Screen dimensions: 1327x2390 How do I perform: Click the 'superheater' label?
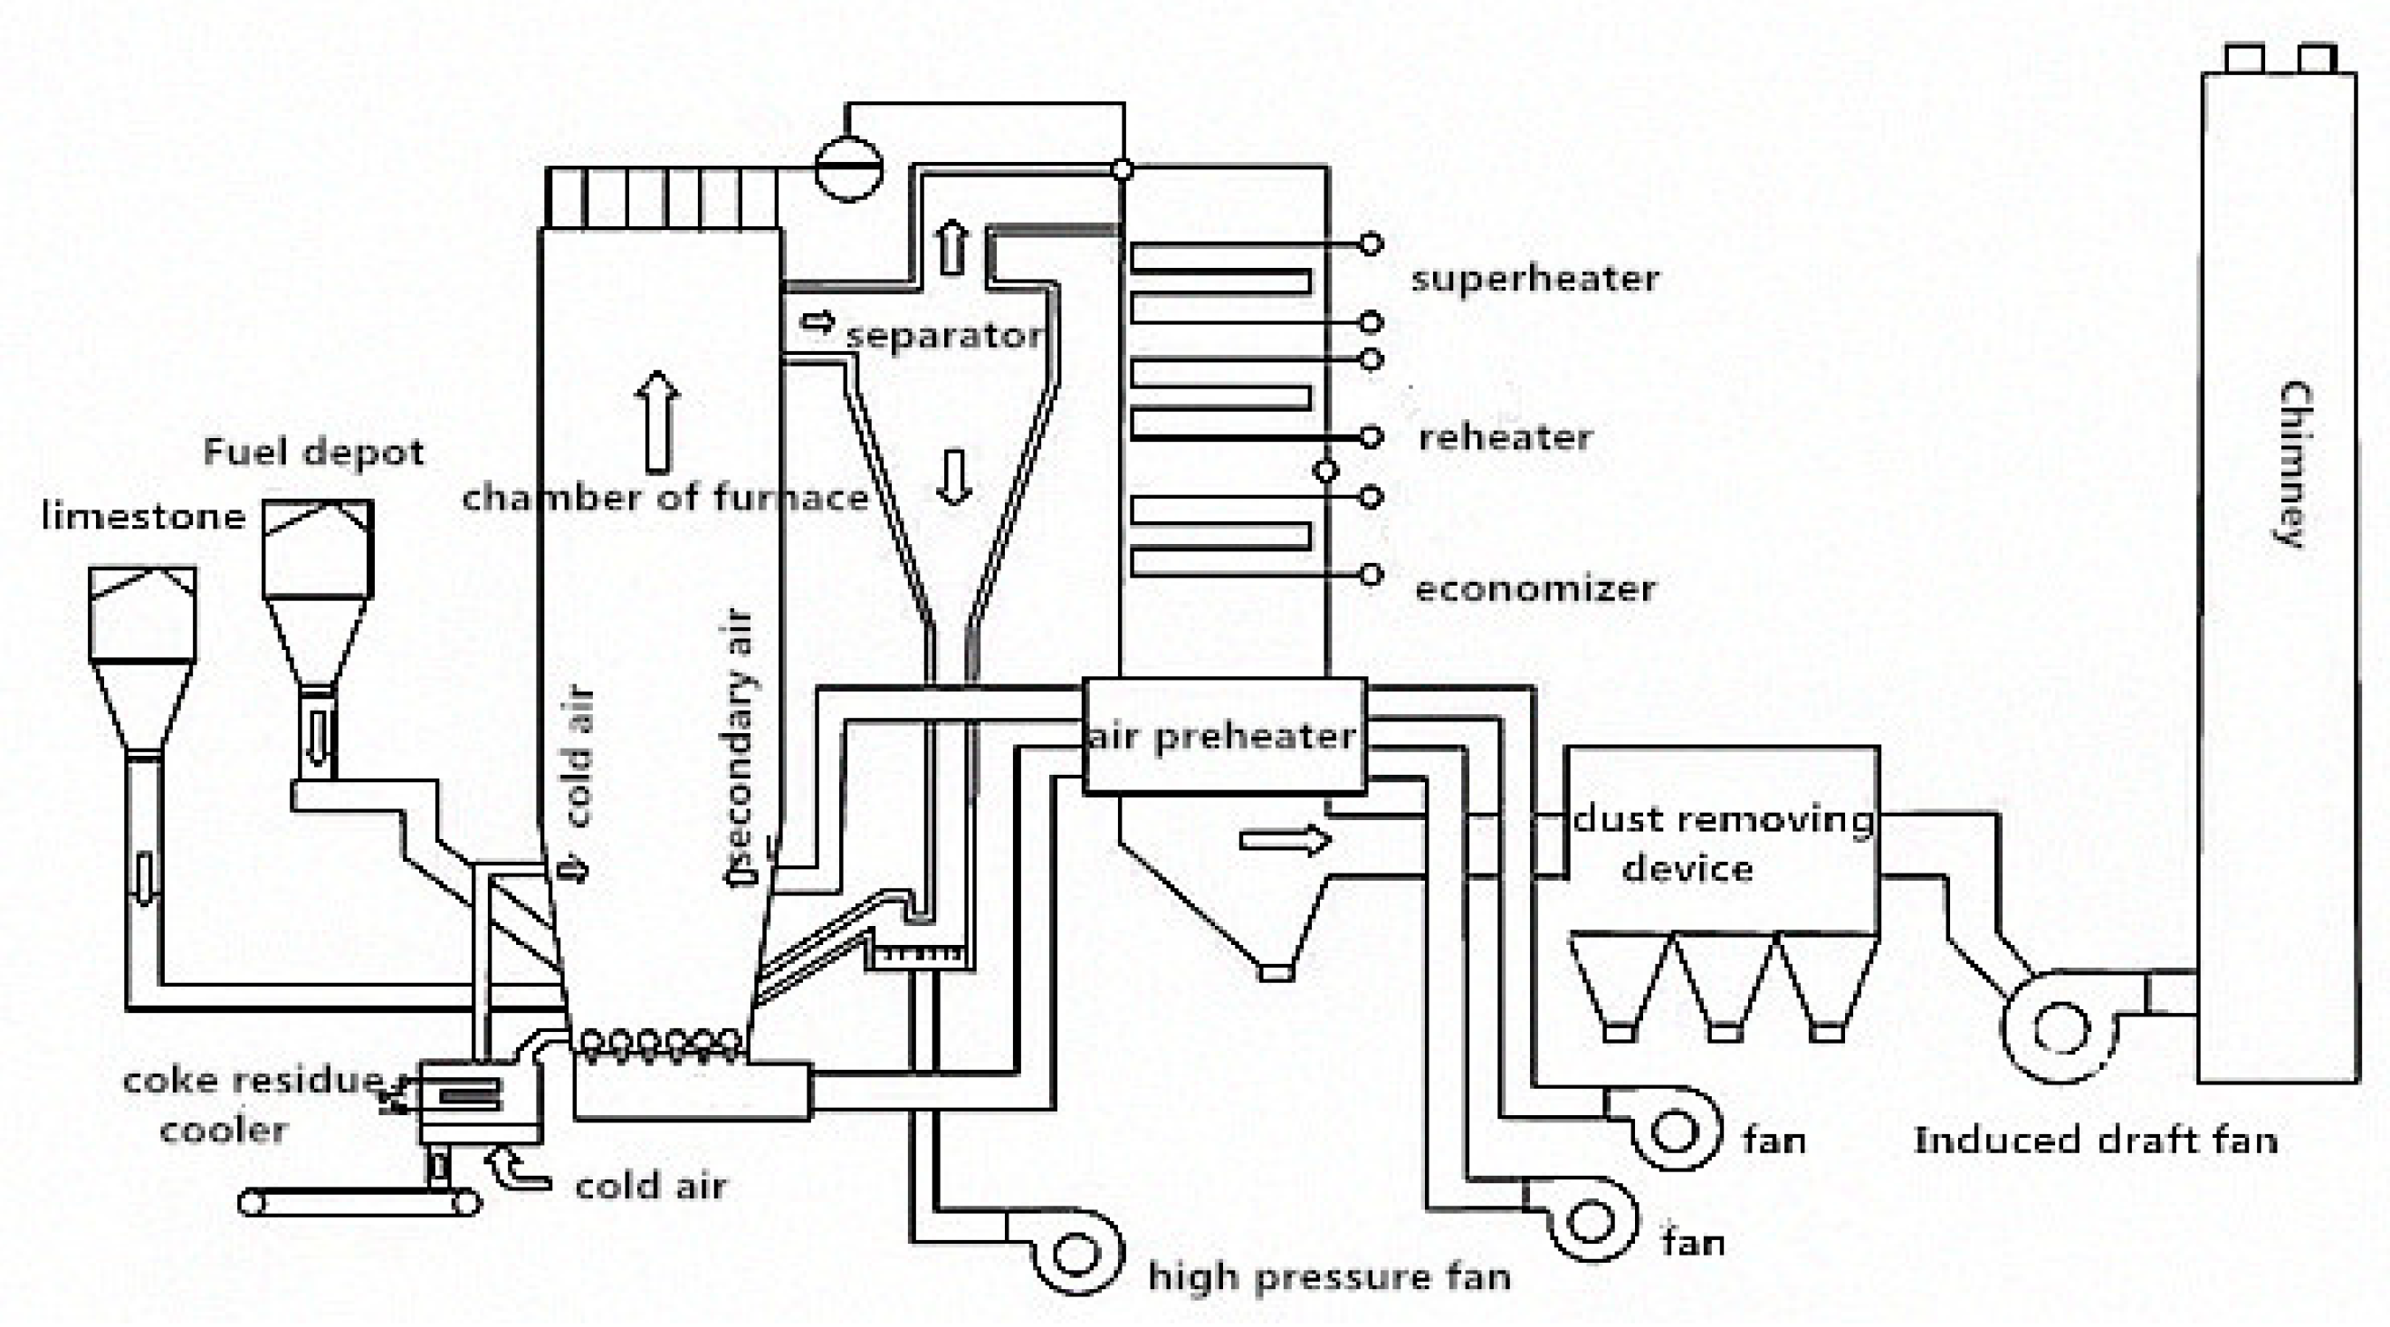[1534, 279]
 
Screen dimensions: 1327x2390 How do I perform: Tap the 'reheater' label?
[1505, 437]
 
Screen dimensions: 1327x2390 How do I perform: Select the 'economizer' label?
[1534, 588]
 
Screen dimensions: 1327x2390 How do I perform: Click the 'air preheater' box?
[1224, 737]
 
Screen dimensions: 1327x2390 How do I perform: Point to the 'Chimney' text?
[2296, 464]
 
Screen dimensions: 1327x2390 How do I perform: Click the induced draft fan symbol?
[2060, 1029]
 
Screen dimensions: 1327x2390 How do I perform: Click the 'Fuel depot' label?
[313, 452]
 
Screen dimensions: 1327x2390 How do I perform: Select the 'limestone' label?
[144, 517]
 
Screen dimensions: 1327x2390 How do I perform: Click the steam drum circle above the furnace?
[848, 168]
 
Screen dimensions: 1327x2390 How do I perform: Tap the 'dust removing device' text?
[1722, 843]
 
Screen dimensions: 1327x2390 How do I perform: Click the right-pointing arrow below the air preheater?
[1285, 840]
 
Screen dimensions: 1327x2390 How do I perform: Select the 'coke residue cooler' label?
[251, 1104]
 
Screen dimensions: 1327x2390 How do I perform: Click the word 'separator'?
[944, 335]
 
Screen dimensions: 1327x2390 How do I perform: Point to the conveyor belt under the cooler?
[360, 1204]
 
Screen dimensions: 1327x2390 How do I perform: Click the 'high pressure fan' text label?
[1329, 1278]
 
